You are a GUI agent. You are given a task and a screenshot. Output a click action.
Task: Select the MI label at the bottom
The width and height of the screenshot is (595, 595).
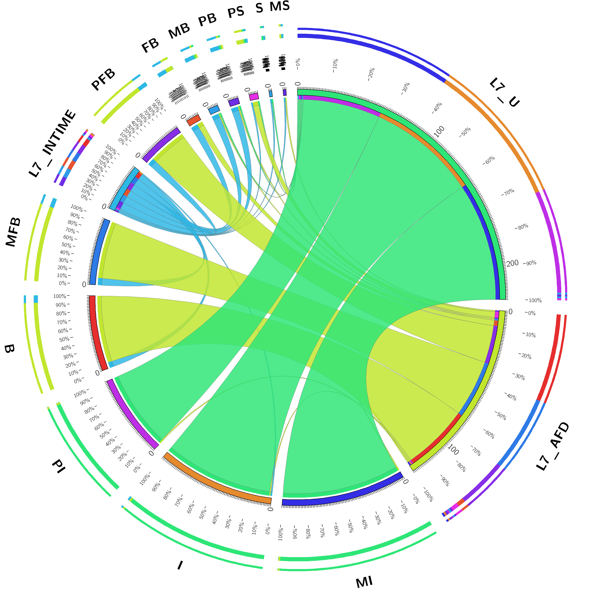(x=364, y=582)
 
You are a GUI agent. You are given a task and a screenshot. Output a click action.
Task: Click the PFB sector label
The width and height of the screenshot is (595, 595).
(x=103, y=80)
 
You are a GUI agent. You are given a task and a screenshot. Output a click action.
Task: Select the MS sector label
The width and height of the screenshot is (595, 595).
(x=280, y=6)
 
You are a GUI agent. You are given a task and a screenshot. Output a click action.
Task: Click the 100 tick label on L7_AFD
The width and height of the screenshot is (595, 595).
(x=453, y=450)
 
